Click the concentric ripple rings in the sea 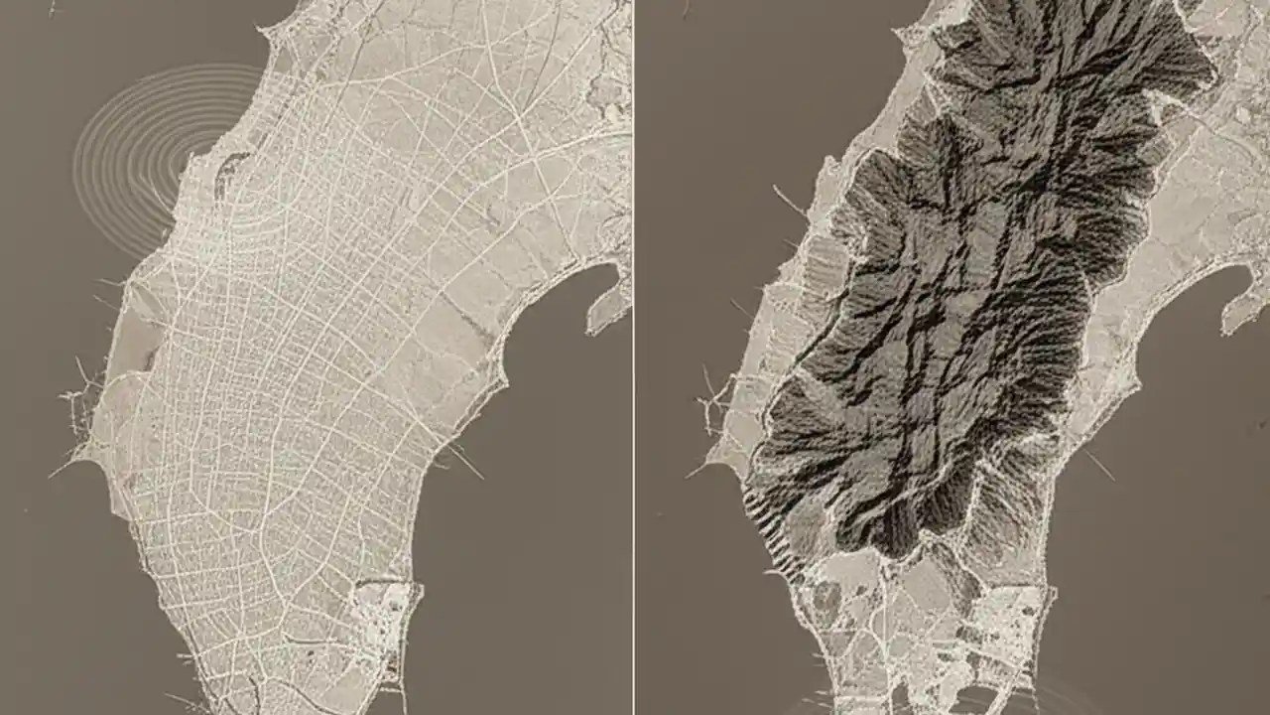149,149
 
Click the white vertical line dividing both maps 634,357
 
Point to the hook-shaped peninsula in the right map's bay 1240,308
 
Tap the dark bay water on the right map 1171,477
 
